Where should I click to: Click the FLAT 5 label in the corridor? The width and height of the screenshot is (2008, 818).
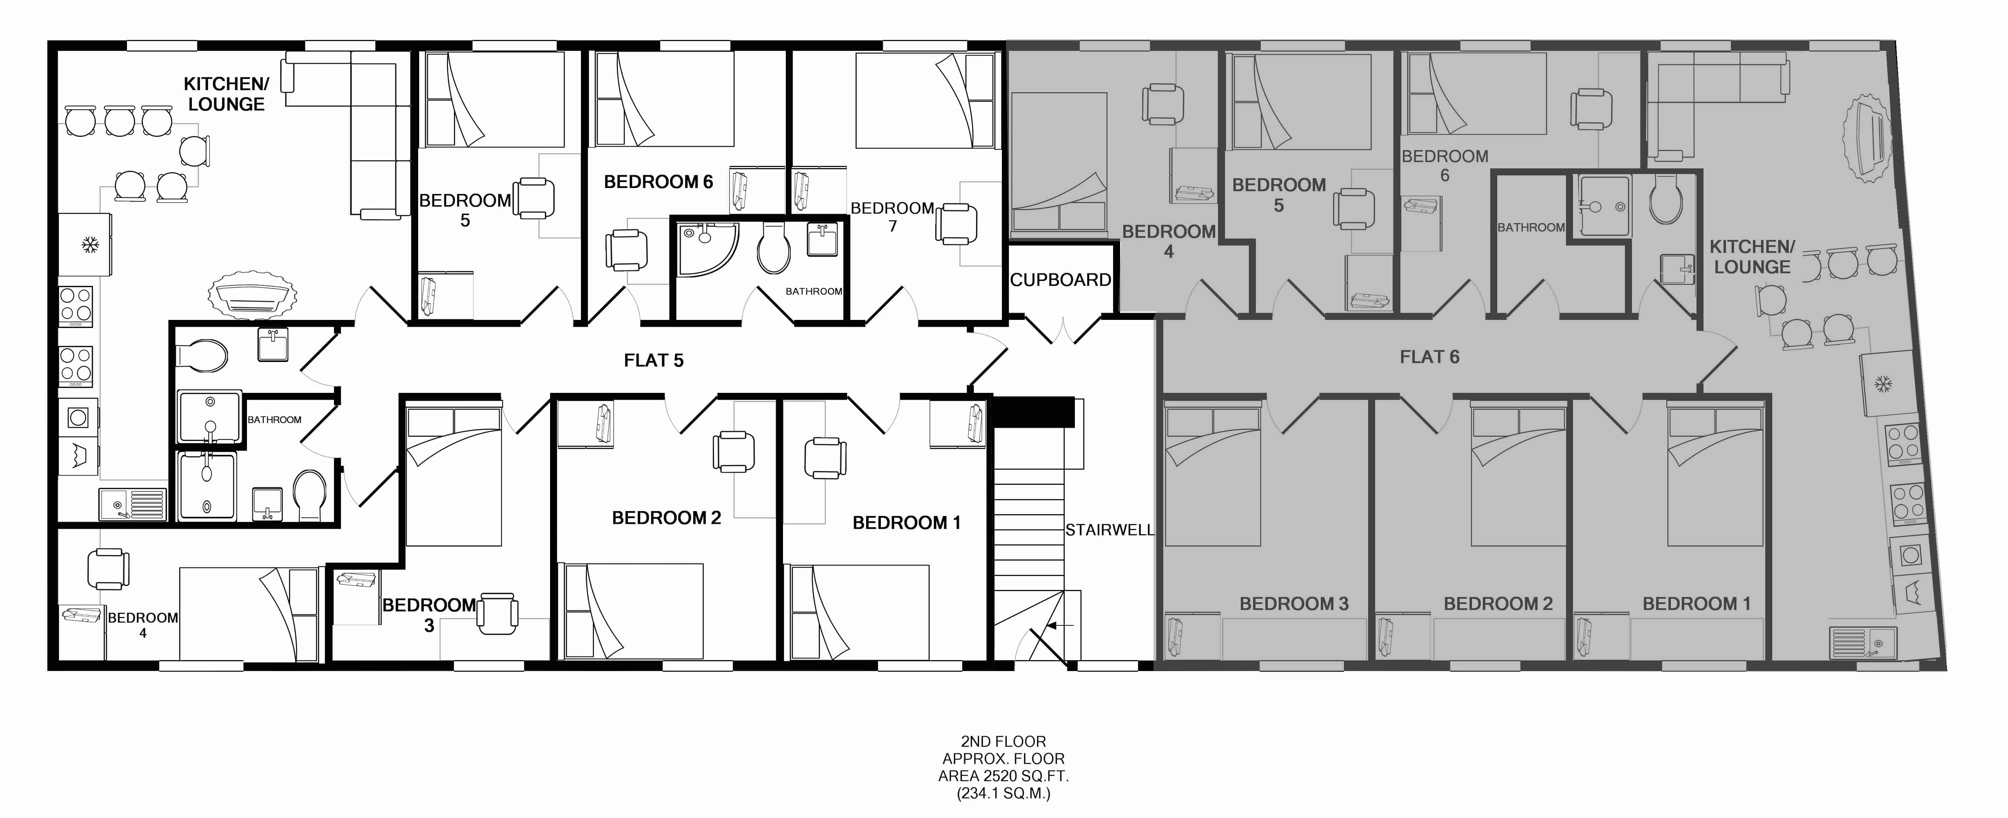click(x=653, y=360)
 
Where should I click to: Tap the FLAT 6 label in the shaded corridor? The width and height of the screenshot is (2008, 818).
click(x=1429, y=357)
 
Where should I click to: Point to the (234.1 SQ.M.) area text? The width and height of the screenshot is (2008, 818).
click(x=1003, y=794)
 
